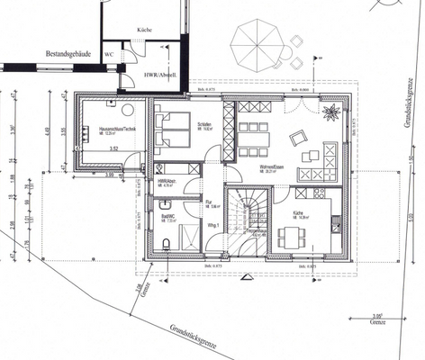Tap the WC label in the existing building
tap(109, 54)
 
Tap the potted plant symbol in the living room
tap(330, 112)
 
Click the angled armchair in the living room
tap(298, 139)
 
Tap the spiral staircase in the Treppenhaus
tap(245, 216)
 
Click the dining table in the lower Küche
tap(288, 237)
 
